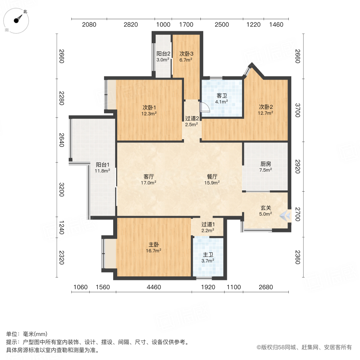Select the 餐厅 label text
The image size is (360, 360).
(x=212, y=176)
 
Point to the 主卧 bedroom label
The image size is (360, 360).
(x=154, y=244)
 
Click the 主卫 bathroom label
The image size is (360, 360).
(x=208, y=254)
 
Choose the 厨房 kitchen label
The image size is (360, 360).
(x=266, y=164)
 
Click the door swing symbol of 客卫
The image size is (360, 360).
(x=204, y=107)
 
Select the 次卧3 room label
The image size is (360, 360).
(x=186, y=54)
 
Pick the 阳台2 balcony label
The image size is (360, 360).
(x=163, y=54)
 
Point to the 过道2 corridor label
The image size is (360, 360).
(x=192, y=118)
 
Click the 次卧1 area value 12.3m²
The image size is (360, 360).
(x=149, y=114)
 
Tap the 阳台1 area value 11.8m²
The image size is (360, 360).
(x=102, y=171)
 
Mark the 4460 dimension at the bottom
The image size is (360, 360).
(x=154, y=287)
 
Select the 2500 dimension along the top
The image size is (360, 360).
(x=222, y=25)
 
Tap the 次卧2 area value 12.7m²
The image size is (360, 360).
(x=266, y=113)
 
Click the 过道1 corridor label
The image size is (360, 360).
(x=208, y=224)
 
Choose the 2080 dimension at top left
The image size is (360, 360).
(x=89, y=25)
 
